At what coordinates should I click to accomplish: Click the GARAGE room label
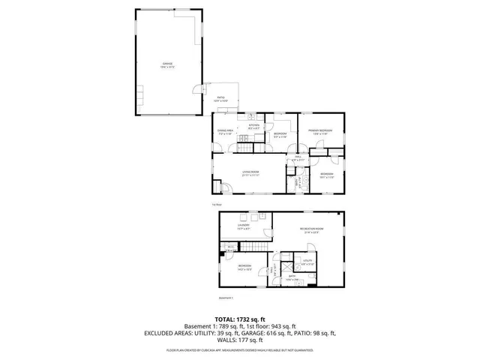click(167, 64)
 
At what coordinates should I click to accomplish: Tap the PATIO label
click(221, 98)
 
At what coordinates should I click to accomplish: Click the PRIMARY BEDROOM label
click(320, 131)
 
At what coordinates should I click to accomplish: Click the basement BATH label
click(293, 277)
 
